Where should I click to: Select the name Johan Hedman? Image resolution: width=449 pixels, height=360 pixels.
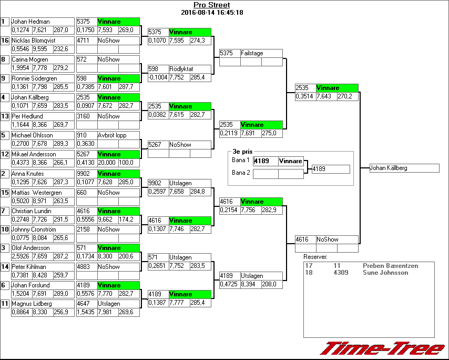click(30, 22)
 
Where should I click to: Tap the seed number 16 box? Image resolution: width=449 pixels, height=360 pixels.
click(5, 41)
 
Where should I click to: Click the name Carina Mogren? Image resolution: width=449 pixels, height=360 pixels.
click(30, 59)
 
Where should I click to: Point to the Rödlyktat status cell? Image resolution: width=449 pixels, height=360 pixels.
click(181, 69)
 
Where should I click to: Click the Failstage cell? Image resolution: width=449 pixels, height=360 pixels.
click(252, 53)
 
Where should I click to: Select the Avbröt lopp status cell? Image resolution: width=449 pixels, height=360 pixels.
click(112, 135)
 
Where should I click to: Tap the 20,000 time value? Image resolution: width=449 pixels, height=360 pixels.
click(107, 163)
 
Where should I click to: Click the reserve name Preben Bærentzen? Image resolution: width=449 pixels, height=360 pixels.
click(390, 266)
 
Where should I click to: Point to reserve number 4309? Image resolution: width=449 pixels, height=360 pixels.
click(341, 273)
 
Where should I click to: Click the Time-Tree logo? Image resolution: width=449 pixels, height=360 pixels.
click(383, 348)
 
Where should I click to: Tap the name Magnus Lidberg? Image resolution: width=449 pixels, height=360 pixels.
click(32, 304)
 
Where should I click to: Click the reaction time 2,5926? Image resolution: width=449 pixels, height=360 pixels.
click(21, 256)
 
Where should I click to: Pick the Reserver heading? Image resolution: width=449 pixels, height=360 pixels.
click(315, 257)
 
